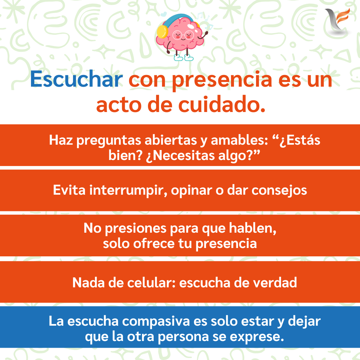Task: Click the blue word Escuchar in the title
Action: pyautogui.click(x=76, y=79)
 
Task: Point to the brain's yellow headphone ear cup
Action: pyautogui.click(x=162, y=31)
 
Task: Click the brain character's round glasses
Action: pyautogui.click(x=183, y=35)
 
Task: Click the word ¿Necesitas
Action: pyautogui.click(x=181, y=156)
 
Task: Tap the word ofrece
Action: pyautogui.click(x=154, y=244)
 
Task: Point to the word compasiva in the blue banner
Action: pyautogui.click(x=156, y=321)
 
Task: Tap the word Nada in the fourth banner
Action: pyautogui.click(x=89, y=282)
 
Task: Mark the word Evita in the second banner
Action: pyautogui.click(x=69, y=190)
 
